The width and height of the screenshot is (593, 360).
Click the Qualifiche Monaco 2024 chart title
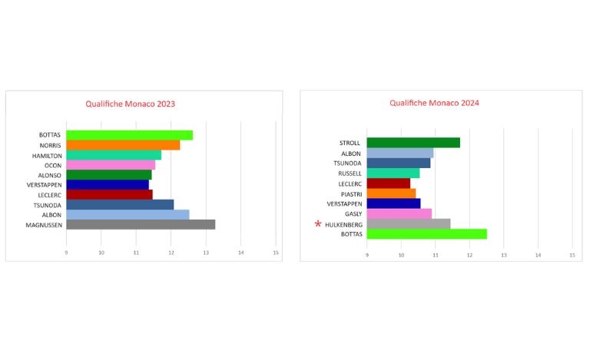pos(435,102)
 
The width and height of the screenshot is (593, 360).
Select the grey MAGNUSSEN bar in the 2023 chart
pos(141,225)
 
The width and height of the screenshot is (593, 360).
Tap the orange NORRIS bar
pos(123,145)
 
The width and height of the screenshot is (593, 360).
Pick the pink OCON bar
pos(111,164)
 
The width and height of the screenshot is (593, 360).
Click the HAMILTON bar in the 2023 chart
pos(114,155)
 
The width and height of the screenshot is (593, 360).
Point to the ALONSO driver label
pos(50,175)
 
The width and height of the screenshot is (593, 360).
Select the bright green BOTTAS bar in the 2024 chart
pos(426,234)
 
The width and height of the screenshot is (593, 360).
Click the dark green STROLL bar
pos(413,143)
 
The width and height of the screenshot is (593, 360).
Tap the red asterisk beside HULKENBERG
pos(318,224)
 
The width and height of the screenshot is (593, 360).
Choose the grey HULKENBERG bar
pos(409,224)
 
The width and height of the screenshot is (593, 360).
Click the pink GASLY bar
pos(399,213)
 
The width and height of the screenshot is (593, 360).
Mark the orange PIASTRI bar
pos(391,193)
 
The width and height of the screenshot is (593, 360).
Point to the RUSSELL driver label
pos(350,173)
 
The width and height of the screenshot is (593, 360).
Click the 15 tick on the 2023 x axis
pos(276,253)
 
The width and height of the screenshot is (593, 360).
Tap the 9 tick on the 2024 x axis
pos(367,256)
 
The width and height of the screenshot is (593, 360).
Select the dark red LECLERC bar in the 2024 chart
pos(389,183)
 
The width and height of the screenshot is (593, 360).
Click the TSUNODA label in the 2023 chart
pos(48,205)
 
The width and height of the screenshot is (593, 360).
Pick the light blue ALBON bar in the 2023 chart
pos(128,215)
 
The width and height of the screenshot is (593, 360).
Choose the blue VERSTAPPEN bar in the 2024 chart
pos(393,203)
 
